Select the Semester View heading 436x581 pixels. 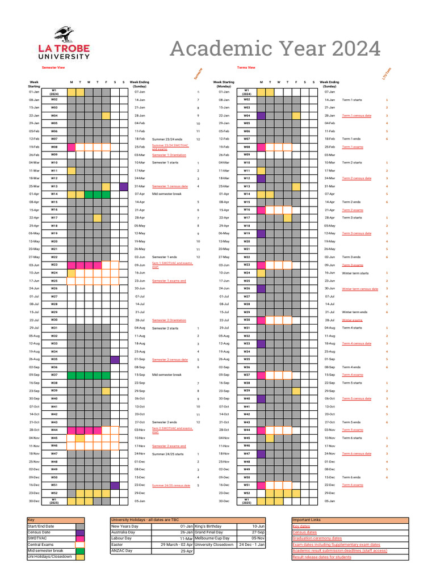pyautogui.click(x=46, y=68)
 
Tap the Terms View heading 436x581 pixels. pyautogui.click(x=246, y=68)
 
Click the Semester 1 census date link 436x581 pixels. pyautogui.click(x=170, y=186)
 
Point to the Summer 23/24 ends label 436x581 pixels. pyautogui.click(x=167, y=138)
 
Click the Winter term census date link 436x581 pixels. pyautogui.click(x=359, y=289)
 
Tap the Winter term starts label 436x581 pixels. pyautogui.click(x=355, y=273)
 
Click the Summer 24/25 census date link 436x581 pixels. pyautogui.click(x=171, y=486)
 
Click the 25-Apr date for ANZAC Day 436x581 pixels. pyautogui.click(x=187, y=551)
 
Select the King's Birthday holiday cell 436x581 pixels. pyautogui.click(x=208, y=526)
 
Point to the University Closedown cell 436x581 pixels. pyautogui.click(x=213, y=544)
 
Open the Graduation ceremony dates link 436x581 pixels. pyautogui.click(x=317, y=538)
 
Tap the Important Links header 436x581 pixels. pyautogui.click(x=307, y=520)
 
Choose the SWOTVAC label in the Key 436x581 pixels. pyautogui.click(x=38, y=538)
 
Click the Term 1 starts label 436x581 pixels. pyautogui.click(x=351, y=99)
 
